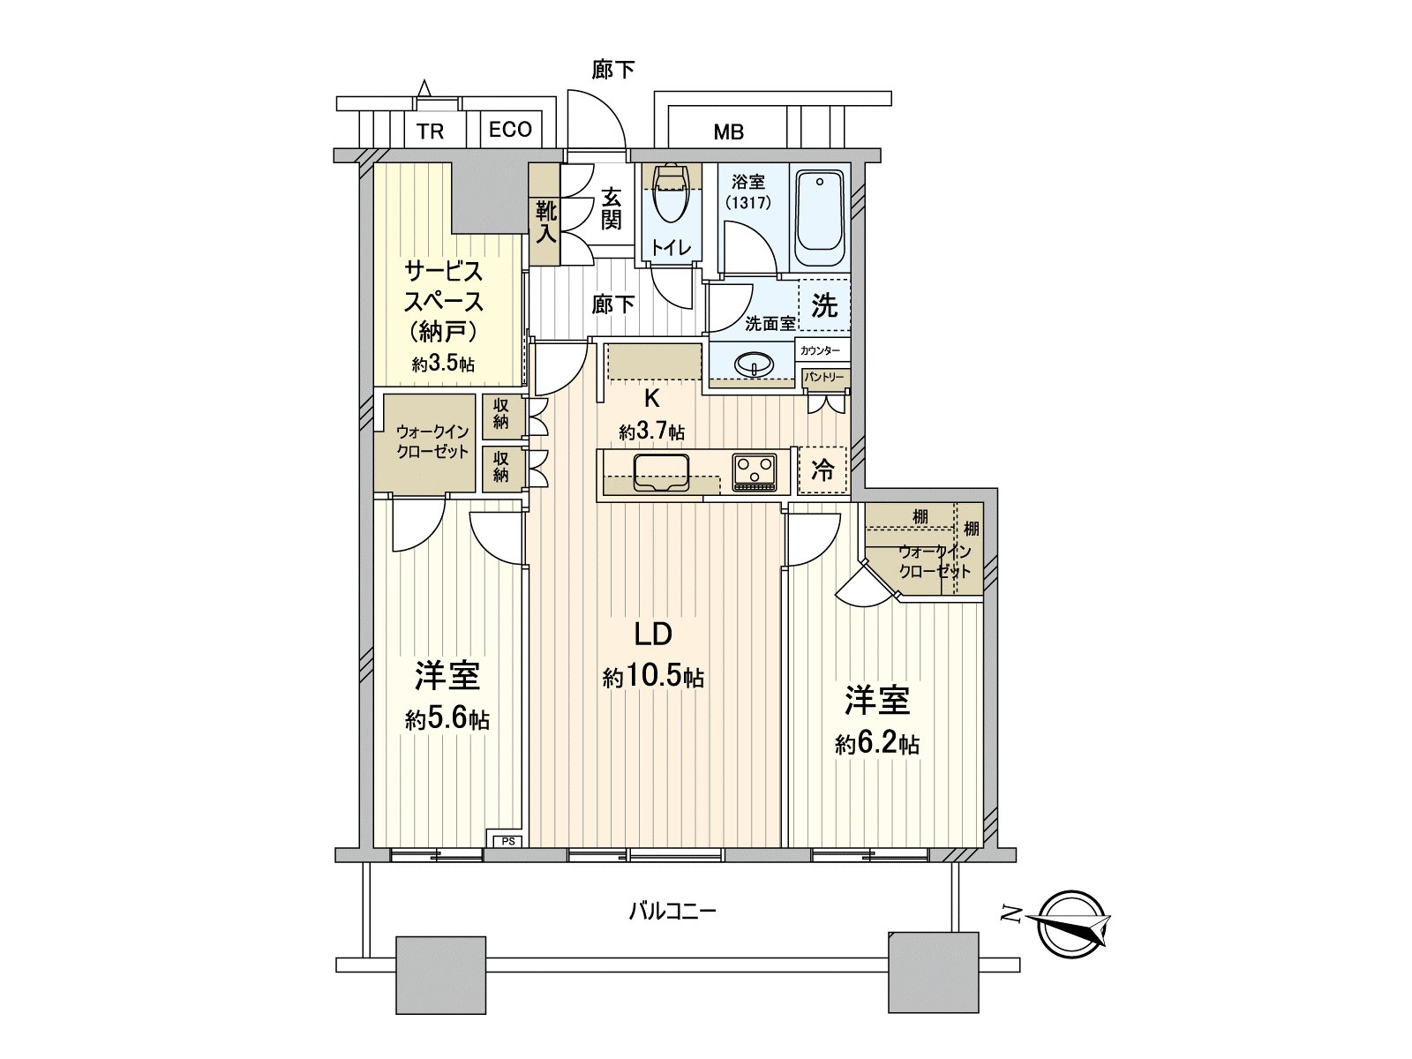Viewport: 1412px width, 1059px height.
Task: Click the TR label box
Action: click(x=430, y=131)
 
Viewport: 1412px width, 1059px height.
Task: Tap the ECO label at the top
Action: click(x=510, y=130)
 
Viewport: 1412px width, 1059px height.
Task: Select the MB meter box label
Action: click(x=728, y=132)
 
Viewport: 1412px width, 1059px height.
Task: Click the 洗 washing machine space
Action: click(x=824, y=305)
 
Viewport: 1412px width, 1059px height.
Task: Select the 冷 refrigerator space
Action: click(x=822, y=470)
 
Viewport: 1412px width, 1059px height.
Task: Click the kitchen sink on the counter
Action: click(x=661, y=474)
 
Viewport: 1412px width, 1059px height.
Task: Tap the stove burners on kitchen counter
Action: click(x=754, y=471)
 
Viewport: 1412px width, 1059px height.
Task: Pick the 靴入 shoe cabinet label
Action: click(x=545, y=222)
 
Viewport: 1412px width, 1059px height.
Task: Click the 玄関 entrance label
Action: click(x=611, y=209)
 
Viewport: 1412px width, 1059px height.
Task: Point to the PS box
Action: click(x=508, y=841)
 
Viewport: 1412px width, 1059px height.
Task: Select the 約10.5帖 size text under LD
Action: click(x=653, y=678)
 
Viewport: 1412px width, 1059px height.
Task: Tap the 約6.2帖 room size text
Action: click(x=877, y=744)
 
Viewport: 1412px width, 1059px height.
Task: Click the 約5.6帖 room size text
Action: click(x=447, y=719)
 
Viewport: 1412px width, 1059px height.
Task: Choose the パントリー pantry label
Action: click(x=824, y=378)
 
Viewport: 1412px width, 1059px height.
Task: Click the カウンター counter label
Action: click(x=821, y=350)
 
